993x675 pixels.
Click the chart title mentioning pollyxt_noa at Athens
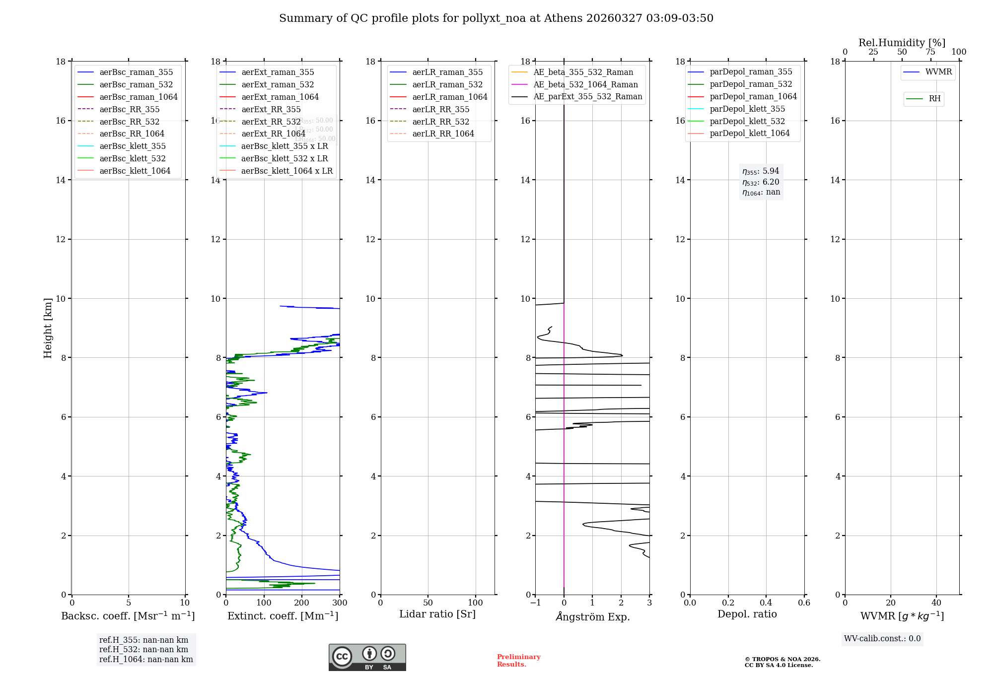(x=496, y=18)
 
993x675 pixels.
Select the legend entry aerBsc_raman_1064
(x=138, y=97)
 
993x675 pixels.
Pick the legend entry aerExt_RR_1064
(x=273, y=134)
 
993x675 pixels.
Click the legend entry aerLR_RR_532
(x=440, y=122)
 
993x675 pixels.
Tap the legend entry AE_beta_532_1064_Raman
(x=585, y=85)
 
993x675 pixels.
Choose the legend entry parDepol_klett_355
(x=747, y=109)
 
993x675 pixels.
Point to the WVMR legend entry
(x=938, y=72)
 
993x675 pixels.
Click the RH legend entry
(x=934, y=99)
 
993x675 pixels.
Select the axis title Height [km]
(x=48, y=328)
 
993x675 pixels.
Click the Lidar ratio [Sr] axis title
(x=437, y=614)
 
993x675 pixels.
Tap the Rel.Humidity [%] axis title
(x=902, y=43)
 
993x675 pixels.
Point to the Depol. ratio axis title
(x=747, y=614)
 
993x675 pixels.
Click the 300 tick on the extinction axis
(x=340, y=603)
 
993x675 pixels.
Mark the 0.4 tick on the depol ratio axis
(x=766, y=603)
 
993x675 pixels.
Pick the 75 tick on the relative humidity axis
(x=930, y=52)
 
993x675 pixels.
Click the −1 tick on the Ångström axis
(x=535, y=603)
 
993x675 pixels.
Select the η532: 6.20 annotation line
(x=761, y=182)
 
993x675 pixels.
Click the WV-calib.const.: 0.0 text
(x=882, y=639)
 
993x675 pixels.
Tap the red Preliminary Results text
(x=518, y=661)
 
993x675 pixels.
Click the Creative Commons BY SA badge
(x=367, y=658)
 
